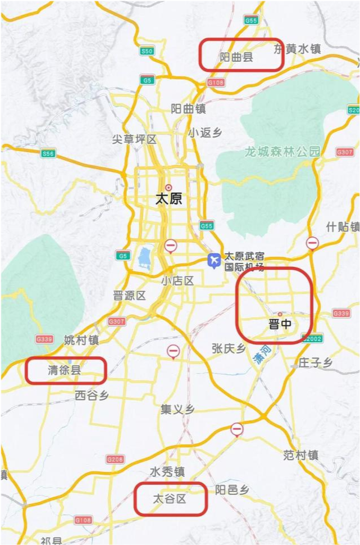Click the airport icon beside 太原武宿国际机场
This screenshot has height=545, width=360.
click(214, 260)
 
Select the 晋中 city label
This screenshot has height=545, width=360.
click(280, 325)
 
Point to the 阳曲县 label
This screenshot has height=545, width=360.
click(236, 57)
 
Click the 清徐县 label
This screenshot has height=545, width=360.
click(64, 370)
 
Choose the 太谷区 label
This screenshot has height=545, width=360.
click(170, 498)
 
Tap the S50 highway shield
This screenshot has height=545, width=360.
click(147, 51)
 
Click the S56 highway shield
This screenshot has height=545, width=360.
click(48, 153)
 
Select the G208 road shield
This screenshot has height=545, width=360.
click(115, 459)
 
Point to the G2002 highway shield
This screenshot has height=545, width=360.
click(312, 339)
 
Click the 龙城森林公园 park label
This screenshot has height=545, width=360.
click(282, 152)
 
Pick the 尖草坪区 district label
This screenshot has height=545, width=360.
click(134, 139)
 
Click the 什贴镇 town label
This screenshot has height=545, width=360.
click(343, 226)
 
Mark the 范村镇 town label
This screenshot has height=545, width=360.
click(301, 455)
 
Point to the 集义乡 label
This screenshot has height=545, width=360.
click(177, 409)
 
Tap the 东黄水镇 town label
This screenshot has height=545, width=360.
click(297, 49)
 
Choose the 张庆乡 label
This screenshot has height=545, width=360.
click(229, 348)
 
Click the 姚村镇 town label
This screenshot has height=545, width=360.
click(81, 340)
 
